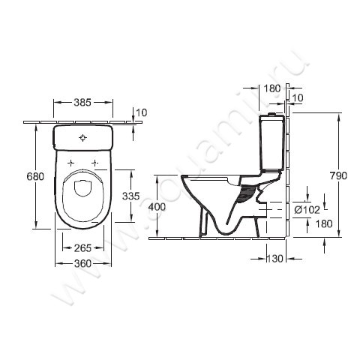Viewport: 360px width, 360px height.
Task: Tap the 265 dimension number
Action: click(83, 249)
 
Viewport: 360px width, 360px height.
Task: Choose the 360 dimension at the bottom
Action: click(83, 263)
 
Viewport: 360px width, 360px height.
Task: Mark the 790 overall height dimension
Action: click(338, 175)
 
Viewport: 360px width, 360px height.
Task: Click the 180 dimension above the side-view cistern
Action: click(273, 88)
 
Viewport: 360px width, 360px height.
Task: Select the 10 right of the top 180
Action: click(298, 98)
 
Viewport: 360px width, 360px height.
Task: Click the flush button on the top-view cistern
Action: click(83, 137)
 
